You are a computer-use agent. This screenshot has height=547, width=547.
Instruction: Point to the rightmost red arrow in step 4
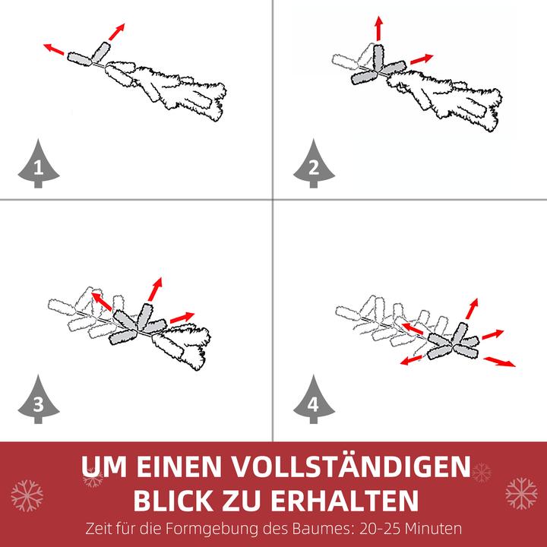click(x=498, y=361)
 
